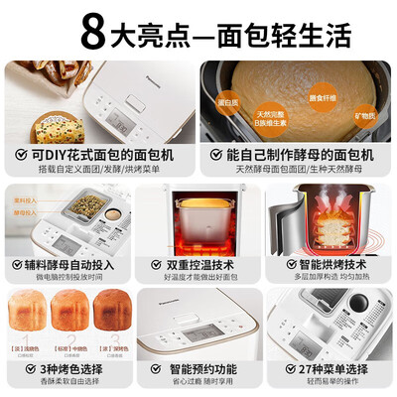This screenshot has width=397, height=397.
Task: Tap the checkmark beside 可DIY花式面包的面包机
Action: pos(21,155)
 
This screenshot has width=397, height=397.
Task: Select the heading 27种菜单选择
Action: pos(331,369)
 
